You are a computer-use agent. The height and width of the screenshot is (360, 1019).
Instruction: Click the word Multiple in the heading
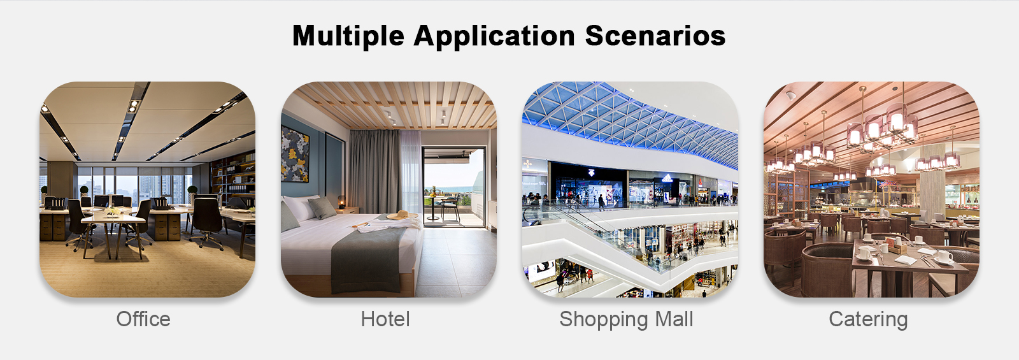[x=348, y=36]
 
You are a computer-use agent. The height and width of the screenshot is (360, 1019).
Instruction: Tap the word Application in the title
[x=494, y=36]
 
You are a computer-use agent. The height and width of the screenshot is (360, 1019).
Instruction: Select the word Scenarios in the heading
[x=655, y=36]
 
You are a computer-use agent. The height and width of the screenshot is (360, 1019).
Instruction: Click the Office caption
[x=143, y=319]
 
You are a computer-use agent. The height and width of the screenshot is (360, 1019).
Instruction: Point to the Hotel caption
[x=385, y=319]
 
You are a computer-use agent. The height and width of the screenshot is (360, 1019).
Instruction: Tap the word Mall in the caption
[x=674, y=319]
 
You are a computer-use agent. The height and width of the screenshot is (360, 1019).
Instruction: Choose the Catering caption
[x=868, y=320]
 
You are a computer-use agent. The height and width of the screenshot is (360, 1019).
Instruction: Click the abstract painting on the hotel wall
[x=295, y=154]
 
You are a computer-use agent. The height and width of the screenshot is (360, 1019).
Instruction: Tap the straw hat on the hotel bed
[x=402, y=215]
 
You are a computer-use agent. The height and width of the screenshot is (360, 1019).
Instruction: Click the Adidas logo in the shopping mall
[x=667, y=178]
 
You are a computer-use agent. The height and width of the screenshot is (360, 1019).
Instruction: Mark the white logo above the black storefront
[x=591, y=173]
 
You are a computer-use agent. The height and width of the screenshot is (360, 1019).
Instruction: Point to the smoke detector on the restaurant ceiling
[x=790, y=95]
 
